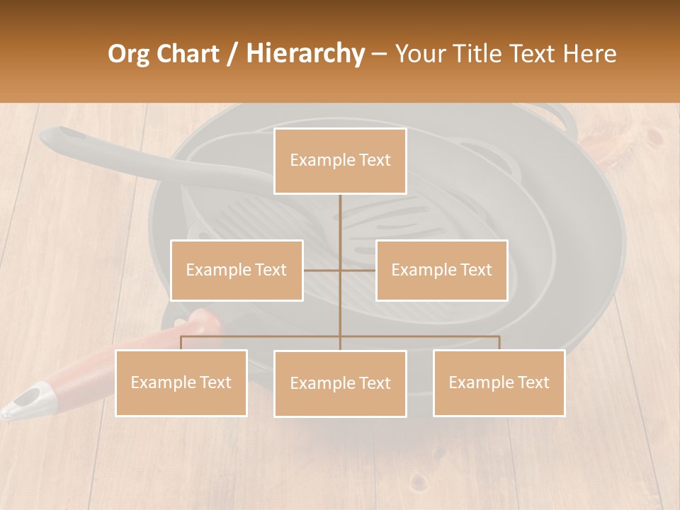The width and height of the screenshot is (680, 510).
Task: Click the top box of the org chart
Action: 340,161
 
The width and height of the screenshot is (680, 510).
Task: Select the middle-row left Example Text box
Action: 237,270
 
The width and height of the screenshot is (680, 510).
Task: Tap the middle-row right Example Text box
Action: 441,270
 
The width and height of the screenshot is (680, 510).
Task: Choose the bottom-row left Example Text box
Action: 181,382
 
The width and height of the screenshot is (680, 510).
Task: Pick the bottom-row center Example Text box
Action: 340,383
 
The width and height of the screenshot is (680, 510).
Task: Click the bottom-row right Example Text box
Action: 499,382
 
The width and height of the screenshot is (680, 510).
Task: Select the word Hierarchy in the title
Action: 305,54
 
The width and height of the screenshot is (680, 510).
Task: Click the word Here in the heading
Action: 589,54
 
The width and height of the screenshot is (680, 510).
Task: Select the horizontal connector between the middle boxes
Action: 340,270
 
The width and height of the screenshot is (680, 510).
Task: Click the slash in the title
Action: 231,54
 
